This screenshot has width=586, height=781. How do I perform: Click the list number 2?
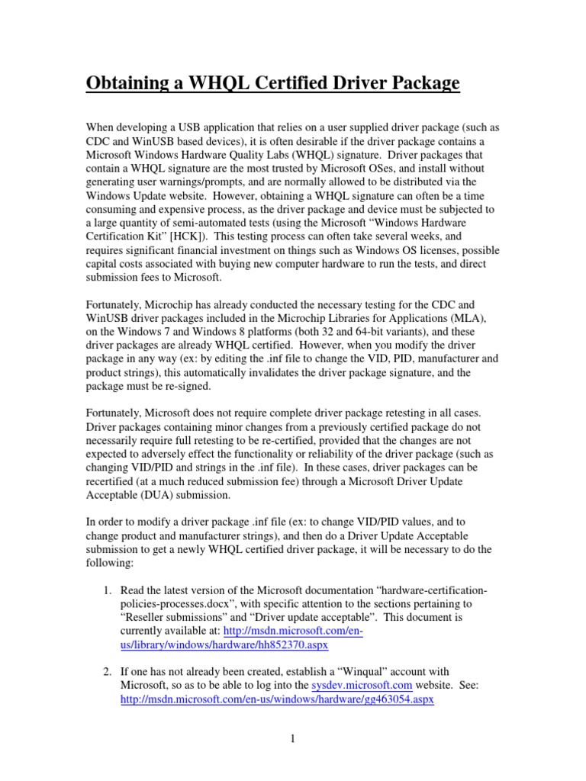tap(107, 672)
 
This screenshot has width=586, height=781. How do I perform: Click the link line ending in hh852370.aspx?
tap(224, 644)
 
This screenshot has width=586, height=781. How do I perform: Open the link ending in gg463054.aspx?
tap(278, 699)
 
